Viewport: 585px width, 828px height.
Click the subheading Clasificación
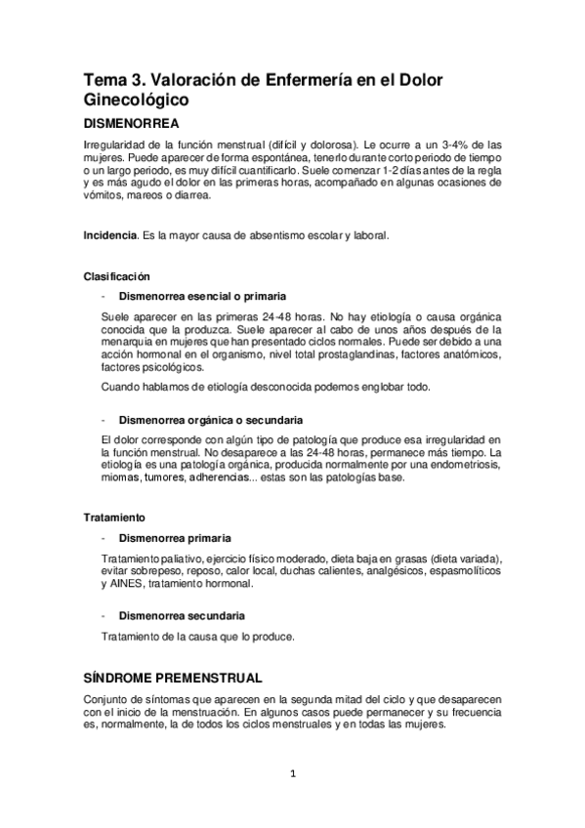tap(116, 276)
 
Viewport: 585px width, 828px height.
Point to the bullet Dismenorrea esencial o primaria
tap(202, 296)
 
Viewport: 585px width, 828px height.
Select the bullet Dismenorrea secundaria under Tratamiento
tap(182, 616)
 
